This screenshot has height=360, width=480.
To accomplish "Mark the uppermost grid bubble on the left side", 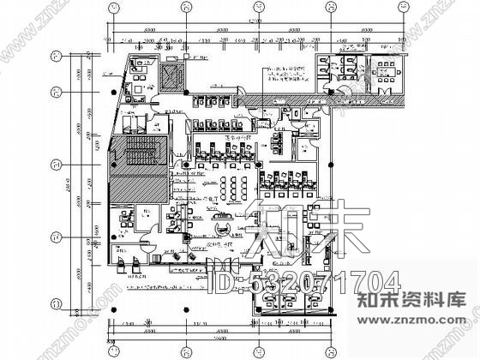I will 56,57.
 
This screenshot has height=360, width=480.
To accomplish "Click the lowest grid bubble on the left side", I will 56,302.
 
